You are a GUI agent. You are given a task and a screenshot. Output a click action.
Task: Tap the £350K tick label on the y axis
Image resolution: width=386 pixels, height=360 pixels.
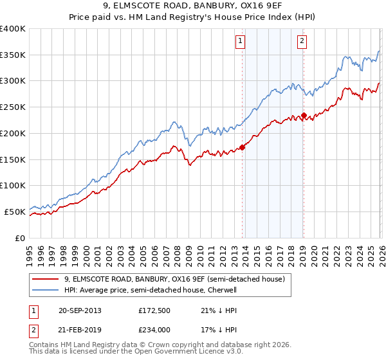(13, 55)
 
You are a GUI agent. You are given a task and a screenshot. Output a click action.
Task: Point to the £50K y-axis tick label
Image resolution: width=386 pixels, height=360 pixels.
(15, 212)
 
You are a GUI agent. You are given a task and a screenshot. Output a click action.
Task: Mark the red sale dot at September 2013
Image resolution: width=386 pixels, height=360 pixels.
(242, 147)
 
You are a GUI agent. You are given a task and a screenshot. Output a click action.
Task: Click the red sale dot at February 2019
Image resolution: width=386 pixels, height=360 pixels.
(304, 116)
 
